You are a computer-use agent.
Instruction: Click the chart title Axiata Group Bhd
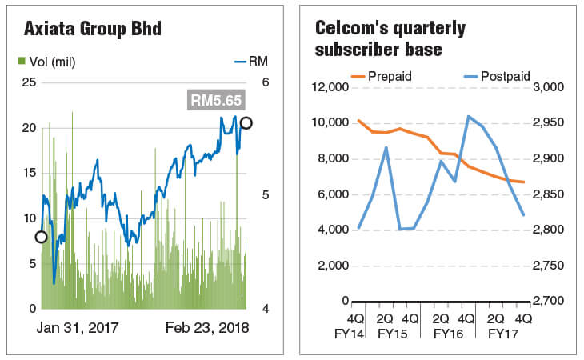click(x=93, y=30)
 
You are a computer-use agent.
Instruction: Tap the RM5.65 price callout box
click(x=215, y=100)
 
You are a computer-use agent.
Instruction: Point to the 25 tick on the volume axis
click(x=28, y=82)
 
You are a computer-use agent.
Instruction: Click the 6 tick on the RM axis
click(x=266, y=82)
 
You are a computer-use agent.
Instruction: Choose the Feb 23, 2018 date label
click(x=207, y=328)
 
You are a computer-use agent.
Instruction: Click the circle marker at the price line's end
click(x=246, y=122)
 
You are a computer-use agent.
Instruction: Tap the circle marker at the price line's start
click(x=41, y=237)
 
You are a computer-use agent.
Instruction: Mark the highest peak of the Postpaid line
click(x=469, y=117)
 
